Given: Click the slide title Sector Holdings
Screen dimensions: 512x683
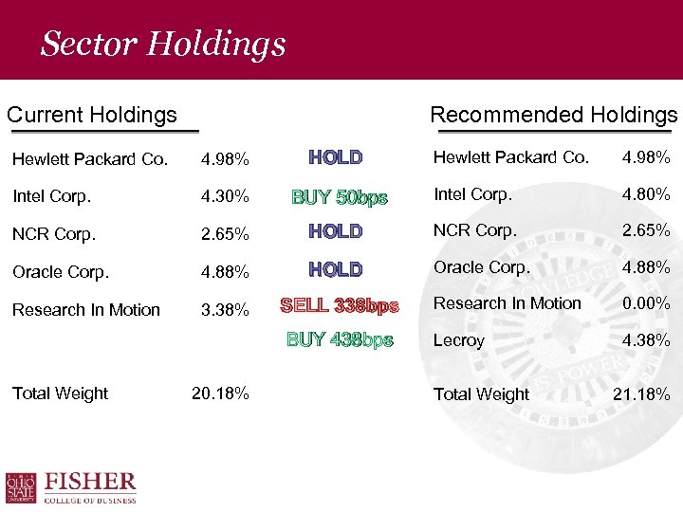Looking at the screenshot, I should (x=162, y=44).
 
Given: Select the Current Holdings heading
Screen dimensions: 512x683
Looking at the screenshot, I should (x=92, y=115).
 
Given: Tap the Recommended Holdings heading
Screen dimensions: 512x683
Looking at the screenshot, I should (x=554, y=115).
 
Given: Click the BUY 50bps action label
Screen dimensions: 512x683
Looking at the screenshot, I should (x=340, y=197).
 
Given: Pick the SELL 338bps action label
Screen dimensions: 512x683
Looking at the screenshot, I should (x=340, y=305).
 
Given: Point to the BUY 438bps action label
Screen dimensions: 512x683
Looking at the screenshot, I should (x=340, y=339).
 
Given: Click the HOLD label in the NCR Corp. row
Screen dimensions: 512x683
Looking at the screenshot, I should (x=336, y=231).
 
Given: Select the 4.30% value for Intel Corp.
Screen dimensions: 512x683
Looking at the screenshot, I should (x=225, y=197).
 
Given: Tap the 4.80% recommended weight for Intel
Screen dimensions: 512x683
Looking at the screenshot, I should (x=646, y=195).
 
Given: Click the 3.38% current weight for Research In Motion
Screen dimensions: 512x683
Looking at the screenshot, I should (x=225, y=310).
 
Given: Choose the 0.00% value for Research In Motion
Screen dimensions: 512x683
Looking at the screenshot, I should (x=646, y=304).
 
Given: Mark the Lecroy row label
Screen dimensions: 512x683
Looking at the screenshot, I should (x=459, y=340).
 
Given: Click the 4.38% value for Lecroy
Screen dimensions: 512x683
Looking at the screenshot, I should (x=646, y=340).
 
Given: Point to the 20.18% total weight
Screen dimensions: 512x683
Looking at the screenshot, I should (x=220, y=393).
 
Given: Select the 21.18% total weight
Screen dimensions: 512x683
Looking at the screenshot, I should (x=641, y=393).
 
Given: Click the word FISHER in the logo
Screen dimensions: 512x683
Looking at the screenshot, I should (x=91, y=482).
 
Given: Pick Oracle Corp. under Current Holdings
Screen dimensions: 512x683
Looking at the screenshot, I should (x=61, y=271).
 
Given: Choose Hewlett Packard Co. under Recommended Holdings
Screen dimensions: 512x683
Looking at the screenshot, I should (x=511, y=157).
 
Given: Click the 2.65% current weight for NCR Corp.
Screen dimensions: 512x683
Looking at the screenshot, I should (x=225, y=233).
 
